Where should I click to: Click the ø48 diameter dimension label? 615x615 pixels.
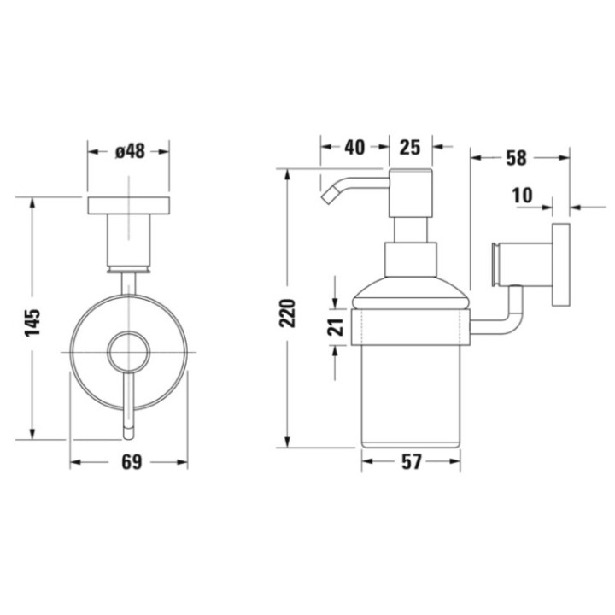point(129,151)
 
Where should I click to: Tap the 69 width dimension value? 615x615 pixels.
point(130,462)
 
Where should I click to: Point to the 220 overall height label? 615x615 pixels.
point(287,313)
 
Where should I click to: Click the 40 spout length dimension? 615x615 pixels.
point(354,147)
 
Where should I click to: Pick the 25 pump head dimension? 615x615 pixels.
point(410,147)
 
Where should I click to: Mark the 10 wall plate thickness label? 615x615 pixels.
point(523,196)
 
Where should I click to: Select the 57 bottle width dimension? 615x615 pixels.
point(412,462)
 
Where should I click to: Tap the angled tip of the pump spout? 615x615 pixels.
point(328,198)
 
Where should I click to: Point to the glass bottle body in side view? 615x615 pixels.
point(411,393)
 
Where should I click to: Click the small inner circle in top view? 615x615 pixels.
point(129,351)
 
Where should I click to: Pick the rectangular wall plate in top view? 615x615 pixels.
point(129,206)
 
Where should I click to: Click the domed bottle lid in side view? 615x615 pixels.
point(411,296)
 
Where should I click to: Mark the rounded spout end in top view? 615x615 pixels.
point(129,430)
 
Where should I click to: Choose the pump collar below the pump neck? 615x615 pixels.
point(411,258)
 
